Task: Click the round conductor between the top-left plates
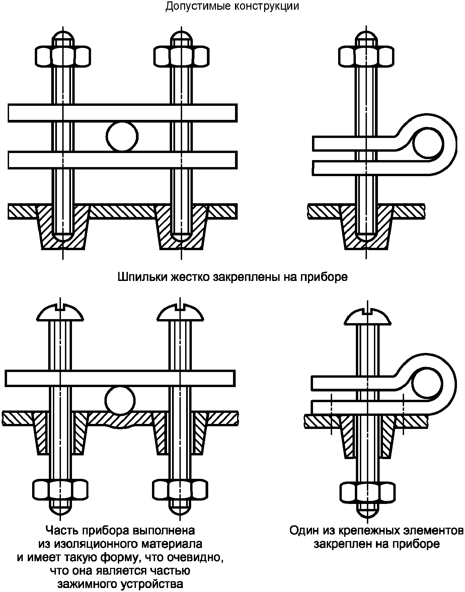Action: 122,137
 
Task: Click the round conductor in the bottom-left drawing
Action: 120,401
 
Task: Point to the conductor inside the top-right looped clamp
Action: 428,144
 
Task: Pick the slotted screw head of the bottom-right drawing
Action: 367,315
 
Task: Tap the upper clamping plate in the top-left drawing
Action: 123,113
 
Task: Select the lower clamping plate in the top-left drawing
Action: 123,160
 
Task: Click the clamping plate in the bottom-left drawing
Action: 120,378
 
